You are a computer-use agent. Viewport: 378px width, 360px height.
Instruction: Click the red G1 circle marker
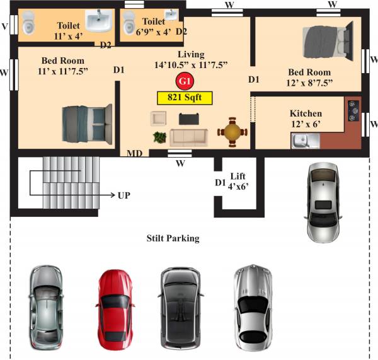tap(185, 81)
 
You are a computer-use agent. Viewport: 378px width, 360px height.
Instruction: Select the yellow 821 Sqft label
tap(185, 98)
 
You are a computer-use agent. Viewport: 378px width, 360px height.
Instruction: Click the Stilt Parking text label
tap(173, 238)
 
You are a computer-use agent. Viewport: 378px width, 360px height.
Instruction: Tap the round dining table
tap(232, 132)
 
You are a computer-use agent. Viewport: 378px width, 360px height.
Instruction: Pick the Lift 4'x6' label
tap(238, 182)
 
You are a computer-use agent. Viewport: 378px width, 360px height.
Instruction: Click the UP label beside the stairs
tap(123, 195)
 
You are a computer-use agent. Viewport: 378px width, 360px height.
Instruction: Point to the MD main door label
tap(134, 153)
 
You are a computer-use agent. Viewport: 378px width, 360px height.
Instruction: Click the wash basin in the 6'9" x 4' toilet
tap(170, 15)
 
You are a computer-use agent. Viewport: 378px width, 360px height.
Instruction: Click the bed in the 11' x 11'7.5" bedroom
tap(85, 119)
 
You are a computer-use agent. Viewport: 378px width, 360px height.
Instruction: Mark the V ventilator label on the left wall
tap(5, 26)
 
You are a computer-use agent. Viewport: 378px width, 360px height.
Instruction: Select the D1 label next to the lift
tap(220, 183)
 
